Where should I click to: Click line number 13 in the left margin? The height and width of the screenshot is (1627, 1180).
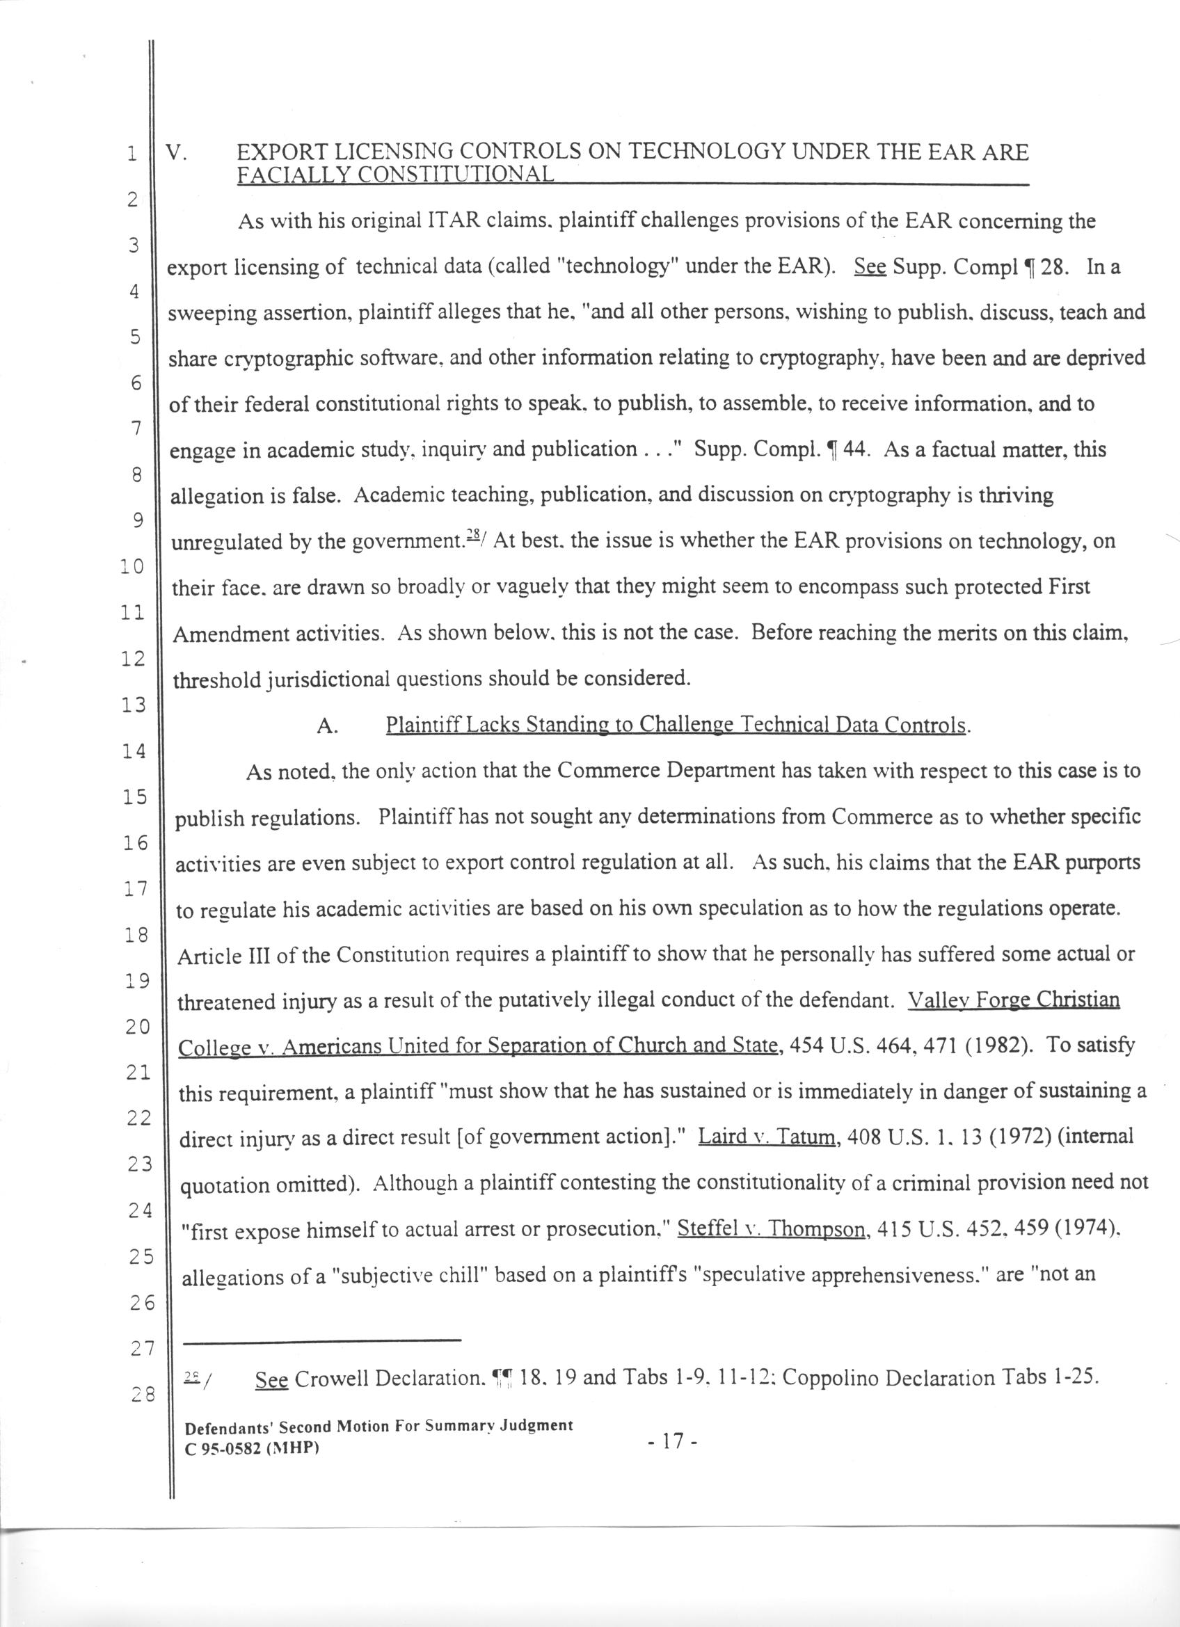pyautogui.click(x=134, y=705)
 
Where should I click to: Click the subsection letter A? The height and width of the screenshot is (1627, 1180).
pyautogui.click(x=326, y=726)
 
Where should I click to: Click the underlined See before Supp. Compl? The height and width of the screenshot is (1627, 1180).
pyautogui.click(x=870, y=267)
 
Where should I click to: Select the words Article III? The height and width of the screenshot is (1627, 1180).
pyautogui.click(x=219, y=956)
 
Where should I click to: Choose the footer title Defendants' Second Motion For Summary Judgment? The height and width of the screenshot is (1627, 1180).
pyautogui.click(x=378, y=1425)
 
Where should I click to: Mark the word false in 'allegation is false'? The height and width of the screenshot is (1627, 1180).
pyautogui.click(x=315, y=497)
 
